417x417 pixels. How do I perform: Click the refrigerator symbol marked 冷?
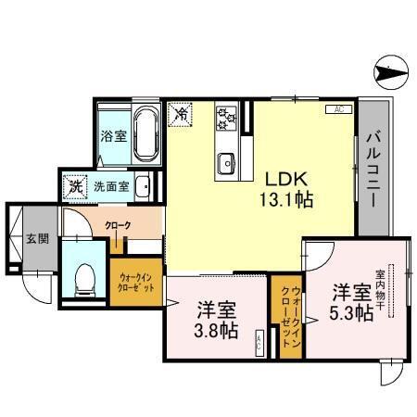[183, 115]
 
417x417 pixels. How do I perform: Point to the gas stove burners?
[226, 118]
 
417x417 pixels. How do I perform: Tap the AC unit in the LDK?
[336, 109]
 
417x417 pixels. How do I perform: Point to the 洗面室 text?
[111, 186]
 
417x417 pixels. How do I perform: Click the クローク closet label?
[118, 225]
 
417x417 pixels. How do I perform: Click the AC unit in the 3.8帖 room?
[259, 343]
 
